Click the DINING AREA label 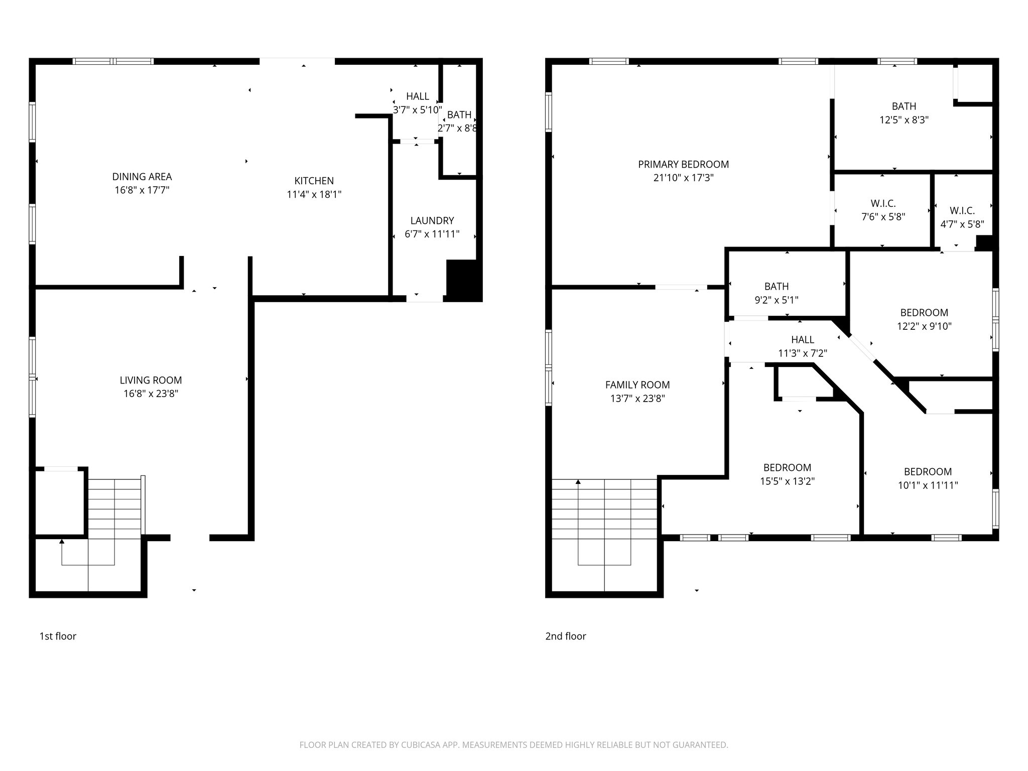142,177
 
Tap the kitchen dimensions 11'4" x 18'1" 314,194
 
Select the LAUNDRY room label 432,220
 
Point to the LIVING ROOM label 151,380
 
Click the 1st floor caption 58,636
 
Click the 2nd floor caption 566,636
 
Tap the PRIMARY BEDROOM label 683,164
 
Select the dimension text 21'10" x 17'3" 683,178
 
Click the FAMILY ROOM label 637,385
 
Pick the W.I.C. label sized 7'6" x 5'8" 883,203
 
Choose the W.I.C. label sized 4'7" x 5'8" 962,211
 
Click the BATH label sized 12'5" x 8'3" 904,106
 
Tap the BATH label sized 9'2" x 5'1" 776,287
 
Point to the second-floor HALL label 802,340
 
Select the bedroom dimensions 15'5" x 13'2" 787,481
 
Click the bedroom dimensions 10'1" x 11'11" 928,485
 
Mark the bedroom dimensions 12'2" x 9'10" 924,326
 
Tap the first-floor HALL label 417,96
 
